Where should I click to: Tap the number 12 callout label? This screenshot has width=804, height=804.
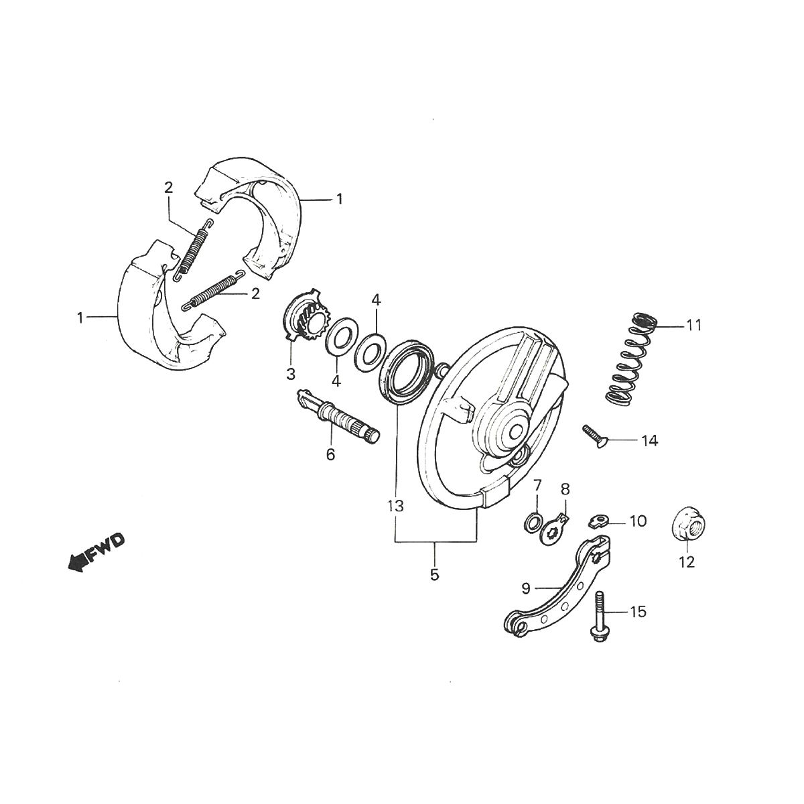point(687,561)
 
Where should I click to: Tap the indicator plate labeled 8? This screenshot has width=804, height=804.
point(555,520)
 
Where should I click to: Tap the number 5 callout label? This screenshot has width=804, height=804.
point(434,574)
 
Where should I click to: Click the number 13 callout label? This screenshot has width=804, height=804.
point(396,507)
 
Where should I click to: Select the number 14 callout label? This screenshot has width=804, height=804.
point(649,441)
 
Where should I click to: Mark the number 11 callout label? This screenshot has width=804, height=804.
point(693,326)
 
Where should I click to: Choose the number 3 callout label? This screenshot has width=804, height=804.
point(291,375)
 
